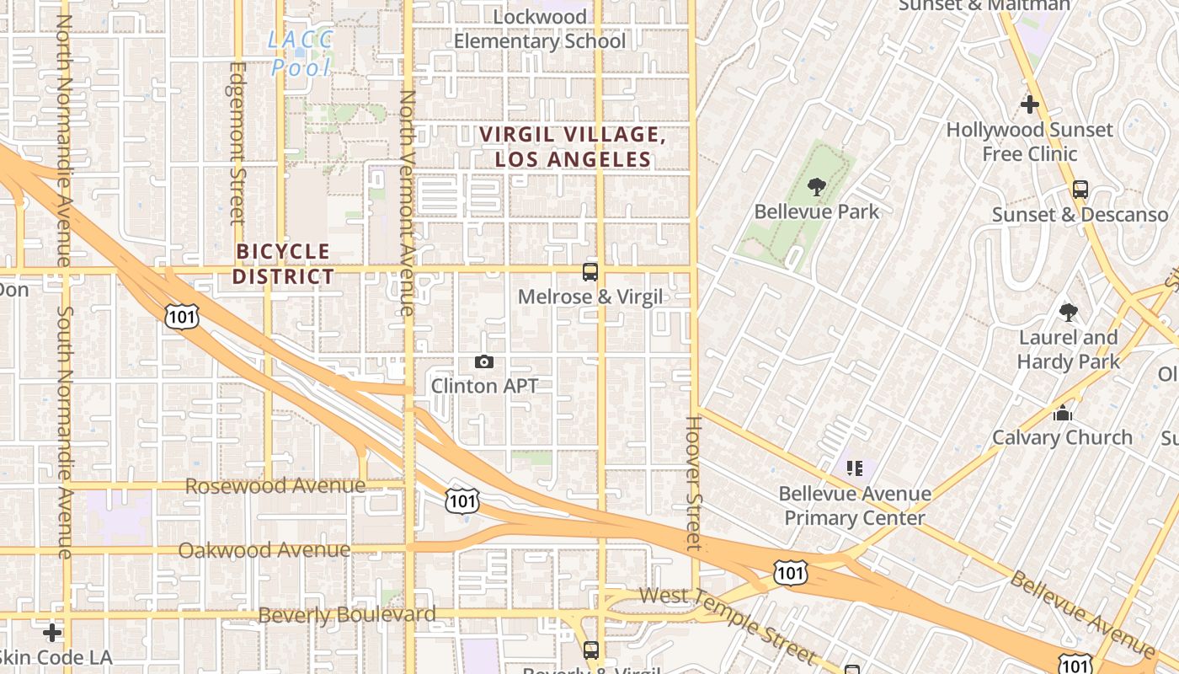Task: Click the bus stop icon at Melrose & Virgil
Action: [x=590, y=272]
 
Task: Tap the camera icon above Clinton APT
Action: [x=484, y=362]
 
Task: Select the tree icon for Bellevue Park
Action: [x=816, y=187]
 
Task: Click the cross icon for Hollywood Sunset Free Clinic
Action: [x=1029, y=105]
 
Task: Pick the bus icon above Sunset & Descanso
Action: [x=1080, y=190]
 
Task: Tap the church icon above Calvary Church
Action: [x=1062, y=414]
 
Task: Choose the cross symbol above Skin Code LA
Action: [x=52, y=632]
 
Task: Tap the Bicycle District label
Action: [x=283, y=264]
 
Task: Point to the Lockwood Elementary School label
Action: [x=540, y=29]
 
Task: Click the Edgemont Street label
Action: [x=237, y=143]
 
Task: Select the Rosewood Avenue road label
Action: [x=275, y=486]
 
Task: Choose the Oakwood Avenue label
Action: [x=264, y=550]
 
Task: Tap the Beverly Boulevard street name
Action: [x=347, y=615]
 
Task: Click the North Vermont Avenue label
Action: [x=408, y=202]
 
